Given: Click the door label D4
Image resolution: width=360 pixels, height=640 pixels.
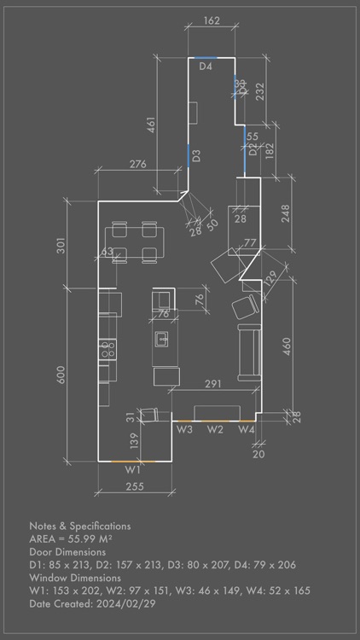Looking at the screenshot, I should click(x=206, y=66).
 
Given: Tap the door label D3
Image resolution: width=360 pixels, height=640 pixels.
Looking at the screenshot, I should click(x=196, y=156).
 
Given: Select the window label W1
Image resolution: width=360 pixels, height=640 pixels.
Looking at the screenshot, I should click(x=132, y=469).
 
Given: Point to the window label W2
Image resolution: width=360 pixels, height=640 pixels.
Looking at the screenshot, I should click(x=215, y=429).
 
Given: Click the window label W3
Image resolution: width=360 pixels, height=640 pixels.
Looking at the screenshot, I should click(x=184, y=429).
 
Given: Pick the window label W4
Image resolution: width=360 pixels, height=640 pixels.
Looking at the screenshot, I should click(x=246, y=429).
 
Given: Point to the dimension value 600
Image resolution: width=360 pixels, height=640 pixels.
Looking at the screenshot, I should click(x=61, y=375).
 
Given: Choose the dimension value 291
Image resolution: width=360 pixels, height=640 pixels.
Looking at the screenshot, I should click(x=213, y=385).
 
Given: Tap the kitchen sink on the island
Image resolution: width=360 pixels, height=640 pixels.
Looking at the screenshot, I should click(x=162, y=339).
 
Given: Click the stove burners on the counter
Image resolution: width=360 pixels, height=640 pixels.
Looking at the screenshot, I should click(x=107, y=348).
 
